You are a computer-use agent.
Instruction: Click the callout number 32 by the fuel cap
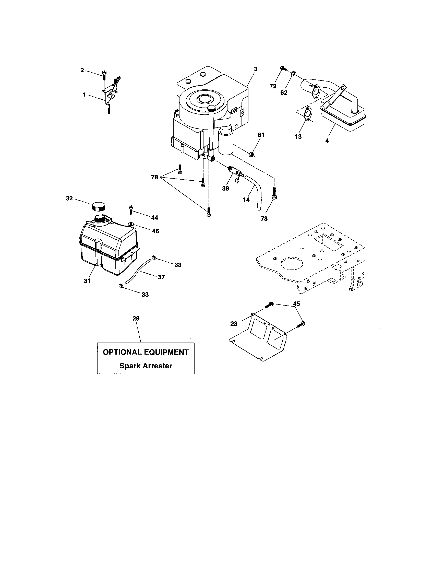coord(69,198)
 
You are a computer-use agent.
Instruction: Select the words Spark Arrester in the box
coord(146,366)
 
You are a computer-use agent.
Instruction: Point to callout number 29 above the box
coord(136,318)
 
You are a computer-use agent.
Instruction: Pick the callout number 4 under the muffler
coord(327,141)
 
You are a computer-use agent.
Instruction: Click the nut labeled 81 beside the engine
coord(252,154)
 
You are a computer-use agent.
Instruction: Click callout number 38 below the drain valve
coord(225,188)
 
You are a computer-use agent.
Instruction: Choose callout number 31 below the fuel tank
coord(87,281)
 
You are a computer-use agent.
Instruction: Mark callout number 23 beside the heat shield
coord(234,324)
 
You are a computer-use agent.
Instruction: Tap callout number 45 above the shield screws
coord(296,304)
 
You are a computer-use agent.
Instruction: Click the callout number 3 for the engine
coord(256,69)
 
